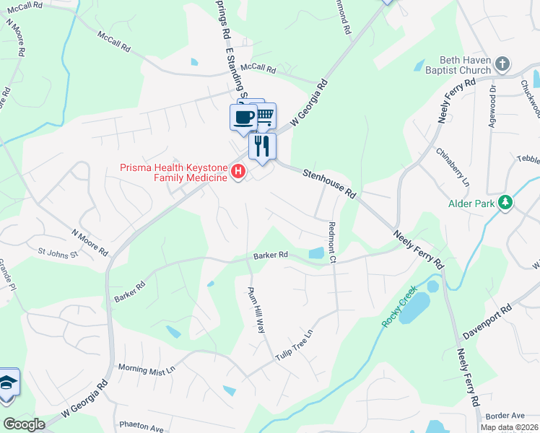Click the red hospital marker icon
[x=238, y=172]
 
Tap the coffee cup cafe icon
[x=243, y=116]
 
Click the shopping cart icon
[x=266, y=113]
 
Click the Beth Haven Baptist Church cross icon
[x=504, y=66]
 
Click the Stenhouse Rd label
[x=330, y=184]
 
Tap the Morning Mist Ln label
[x=147, y=369]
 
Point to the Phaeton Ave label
[x=142, y=427]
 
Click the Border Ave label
[x=505, y=416]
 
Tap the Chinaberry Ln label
[x=453, y=167]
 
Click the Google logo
[x=25, y=424]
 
